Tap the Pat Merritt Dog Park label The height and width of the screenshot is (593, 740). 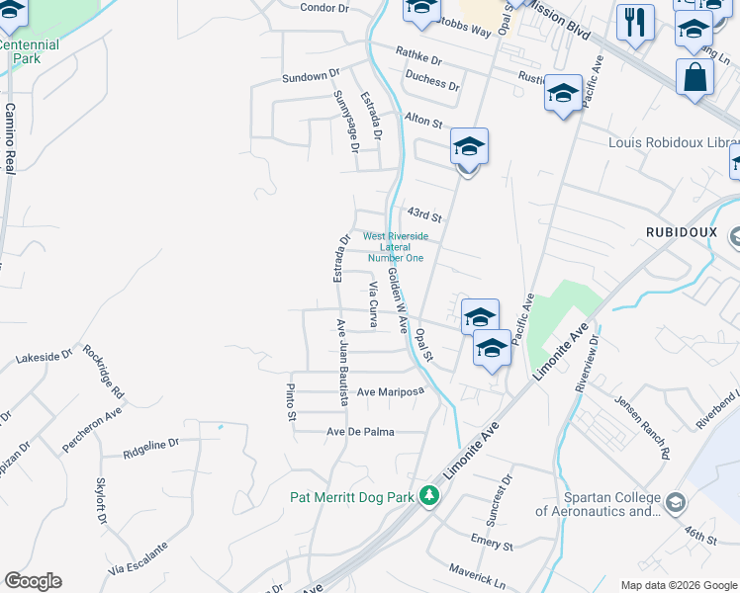pos(351,497)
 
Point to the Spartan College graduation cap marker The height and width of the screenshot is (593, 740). pos(676,502)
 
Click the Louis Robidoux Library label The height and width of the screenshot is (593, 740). pos(673,143)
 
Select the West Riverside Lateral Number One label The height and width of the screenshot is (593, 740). pos(395,247)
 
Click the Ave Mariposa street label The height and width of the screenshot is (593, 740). pos(390,391)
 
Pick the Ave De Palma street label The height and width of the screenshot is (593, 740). pos(360,432)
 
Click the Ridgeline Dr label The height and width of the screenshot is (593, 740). pos(151,449)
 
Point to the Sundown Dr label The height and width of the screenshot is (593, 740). pos(310,77)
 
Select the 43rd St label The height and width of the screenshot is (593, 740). pos(423,214)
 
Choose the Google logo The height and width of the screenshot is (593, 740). pos(33,581)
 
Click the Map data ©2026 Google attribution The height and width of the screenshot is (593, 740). pos(679,585)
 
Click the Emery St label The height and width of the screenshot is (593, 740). pos(492,544)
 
